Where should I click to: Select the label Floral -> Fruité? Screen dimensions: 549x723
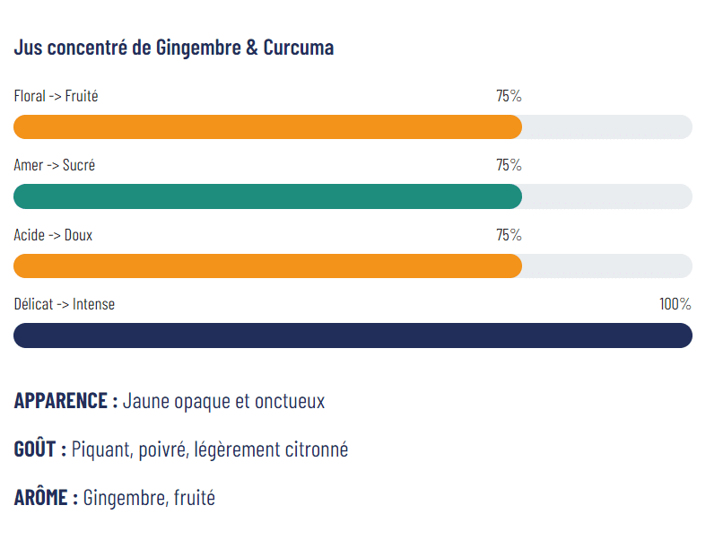[x=56, y=96]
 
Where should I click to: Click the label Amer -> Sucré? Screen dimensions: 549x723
[x=54, y=165]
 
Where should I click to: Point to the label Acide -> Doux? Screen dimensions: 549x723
[x=53, y=235]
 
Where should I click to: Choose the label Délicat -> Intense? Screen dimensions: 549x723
[x=64, y=304]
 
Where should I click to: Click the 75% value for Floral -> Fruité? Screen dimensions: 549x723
[x=509, y=96]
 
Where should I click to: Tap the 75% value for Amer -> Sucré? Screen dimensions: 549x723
[x=509, y=165]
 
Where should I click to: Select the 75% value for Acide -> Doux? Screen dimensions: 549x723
[x=509, y=235]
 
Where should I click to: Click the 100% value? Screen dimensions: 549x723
[x=675, y=304]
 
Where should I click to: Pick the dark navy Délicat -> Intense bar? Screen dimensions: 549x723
[x=353, y=335]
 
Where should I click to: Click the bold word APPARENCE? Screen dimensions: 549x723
[x=61, y=401]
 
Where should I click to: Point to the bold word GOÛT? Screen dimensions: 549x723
[x=36, y=449]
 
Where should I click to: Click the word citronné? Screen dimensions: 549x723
[x=314, y=449]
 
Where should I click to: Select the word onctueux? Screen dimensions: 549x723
[x=289, y=401]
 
